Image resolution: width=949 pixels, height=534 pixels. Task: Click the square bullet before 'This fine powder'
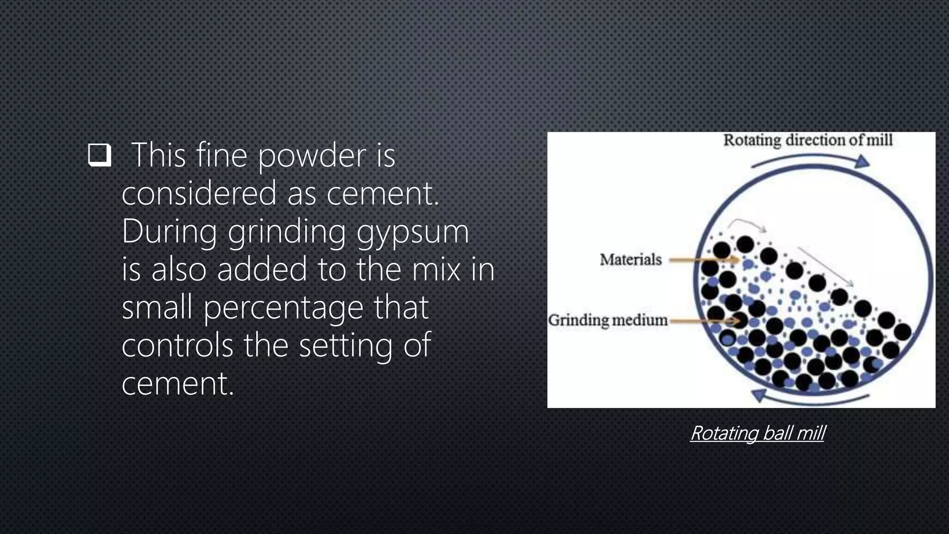pyautogui.click(x=100, y=155)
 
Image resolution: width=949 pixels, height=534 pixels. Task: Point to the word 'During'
pyautogui.click(x=169, y=231)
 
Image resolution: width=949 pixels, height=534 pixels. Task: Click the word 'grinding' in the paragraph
pyautogui.click(x=287, y=232)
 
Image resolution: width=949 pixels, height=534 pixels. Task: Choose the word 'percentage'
pyautogui.click(x=284, y=308)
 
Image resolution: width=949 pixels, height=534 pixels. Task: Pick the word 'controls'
pyautogui.click(x=177, y=345)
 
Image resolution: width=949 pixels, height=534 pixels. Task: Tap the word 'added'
pyautogui.click(x=262, y=269)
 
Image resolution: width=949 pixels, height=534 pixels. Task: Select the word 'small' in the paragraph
pyautogui.click(x=157, y=307)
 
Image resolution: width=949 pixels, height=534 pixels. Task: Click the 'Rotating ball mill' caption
pyautogui.click(x=758, y=433)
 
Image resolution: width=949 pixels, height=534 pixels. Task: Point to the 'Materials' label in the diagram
pyautogui.click(x=631, y=260)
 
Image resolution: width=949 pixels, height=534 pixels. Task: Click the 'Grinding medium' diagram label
pyautogui.click(x=608, y=320)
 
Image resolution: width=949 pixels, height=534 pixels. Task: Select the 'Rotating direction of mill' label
pyautogui.click(x=808, y=140)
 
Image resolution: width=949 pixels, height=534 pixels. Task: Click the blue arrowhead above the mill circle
pyautogui.click(x=862, y=161)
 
